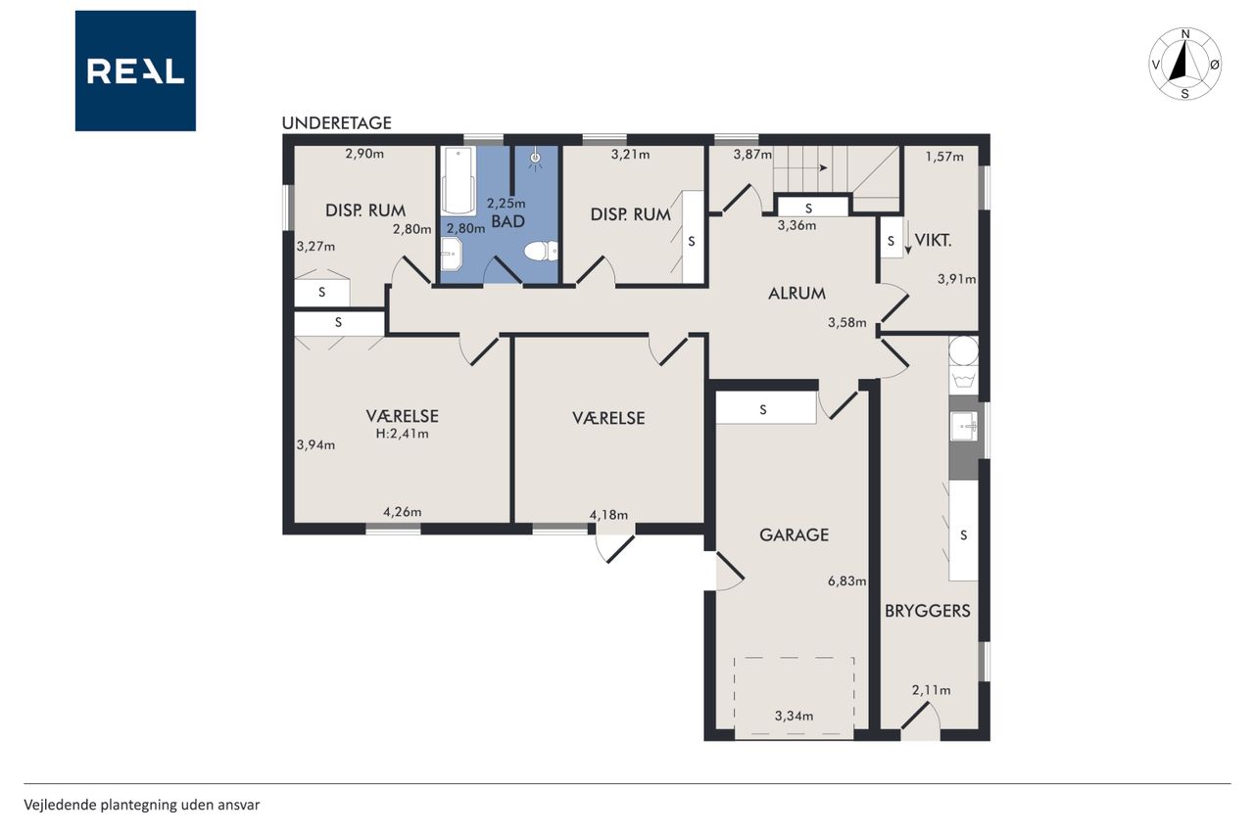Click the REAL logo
click(x=135, y=71)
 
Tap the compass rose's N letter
click(x=1185, y=34)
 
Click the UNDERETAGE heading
click(x=336, y=123)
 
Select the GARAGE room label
click(x=794, y=534)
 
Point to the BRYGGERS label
click(x=927, y=611)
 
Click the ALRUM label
click(x=796, y=294)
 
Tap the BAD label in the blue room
click(x=507, y=221)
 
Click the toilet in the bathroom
click(x=541, y=252)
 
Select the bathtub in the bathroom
click(x=458, y=181)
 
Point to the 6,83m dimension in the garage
click(x=847, y=581)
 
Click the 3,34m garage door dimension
click(x=794, y=716)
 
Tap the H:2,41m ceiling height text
click(x=402, y=434)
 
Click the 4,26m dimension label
click(x=402, y=512)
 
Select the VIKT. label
click(x=934, y=241)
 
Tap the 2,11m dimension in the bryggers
click(x=931, y=690)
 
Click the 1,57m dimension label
click(x=944, y=157)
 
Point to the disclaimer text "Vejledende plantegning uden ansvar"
click(x=142, y=805)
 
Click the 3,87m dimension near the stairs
click(x=752, y=154)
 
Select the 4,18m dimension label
click(x=608, y=515)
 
